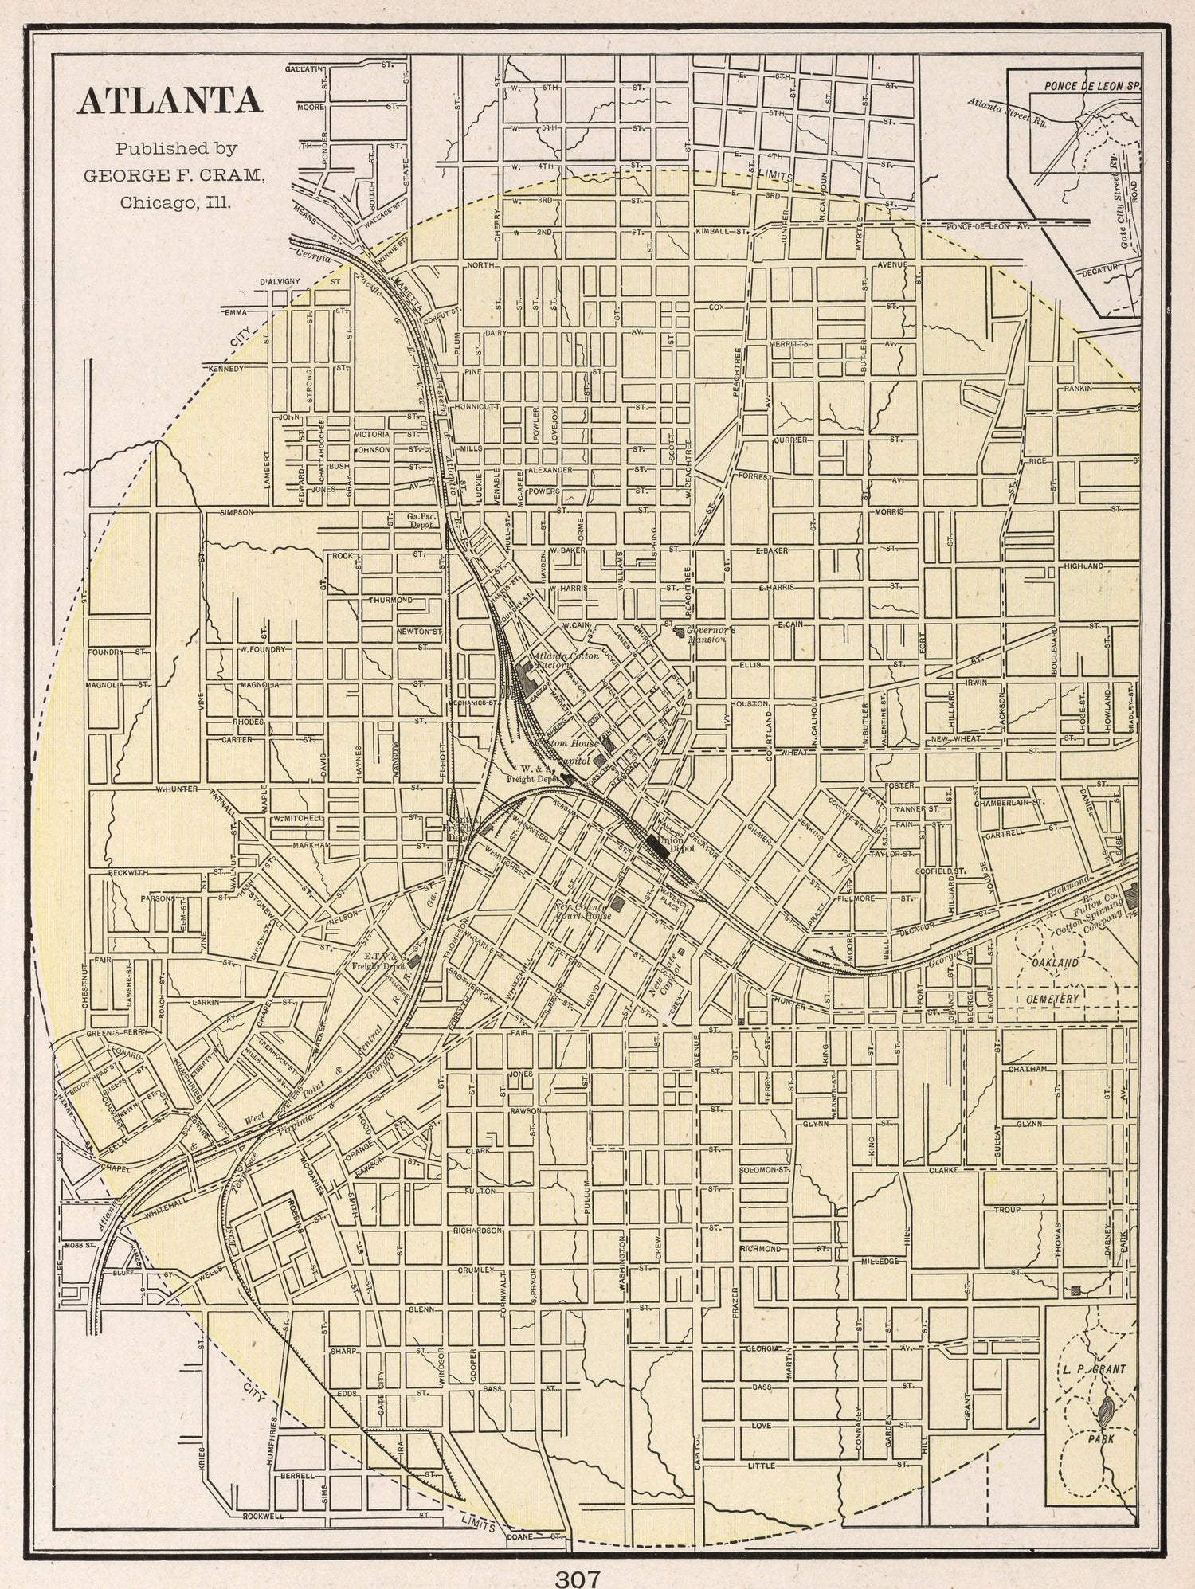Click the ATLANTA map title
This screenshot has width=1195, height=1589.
click(169, 101)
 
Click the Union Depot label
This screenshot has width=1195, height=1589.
click(683, 844)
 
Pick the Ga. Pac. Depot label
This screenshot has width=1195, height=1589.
click(419, 520)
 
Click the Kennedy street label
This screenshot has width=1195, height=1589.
click(225, 369)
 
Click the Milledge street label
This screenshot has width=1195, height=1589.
click(880, 1262)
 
